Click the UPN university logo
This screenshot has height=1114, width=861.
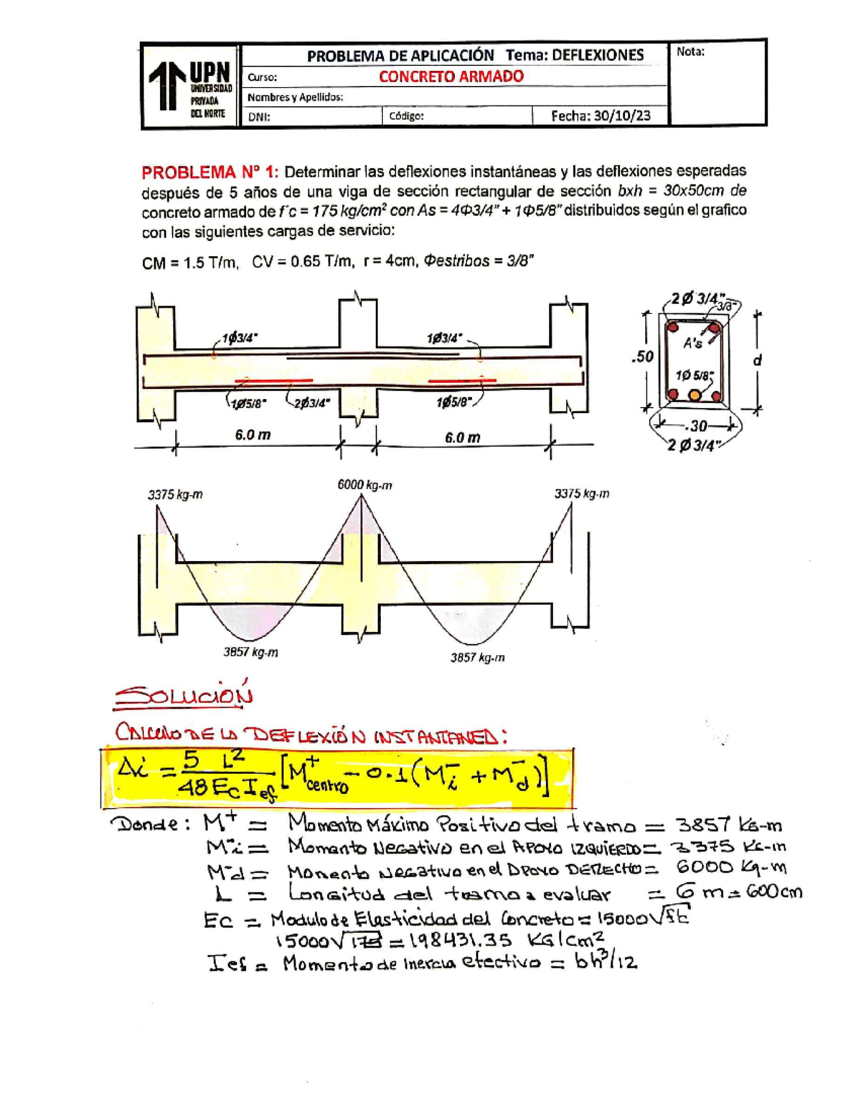191,85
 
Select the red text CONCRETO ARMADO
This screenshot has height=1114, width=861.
451,77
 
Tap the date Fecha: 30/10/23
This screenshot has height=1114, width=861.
600,116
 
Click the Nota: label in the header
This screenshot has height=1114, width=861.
690,52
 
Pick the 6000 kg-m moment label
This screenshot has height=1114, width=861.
364,486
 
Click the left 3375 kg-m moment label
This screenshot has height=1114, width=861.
175,494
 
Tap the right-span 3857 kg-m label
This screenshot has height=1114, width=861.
477,657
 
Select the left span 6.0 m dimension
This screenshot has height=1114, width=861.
253,435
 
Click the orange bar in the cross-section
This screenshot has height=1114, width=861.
695,395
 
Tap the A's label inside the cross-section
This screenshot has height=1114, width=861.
692,344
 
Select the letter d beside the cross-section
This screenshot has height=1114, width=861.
756,361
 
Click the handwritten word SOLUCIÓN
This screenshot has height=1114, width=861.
184,694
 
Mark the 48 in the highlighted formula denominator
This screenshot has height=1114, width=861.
193,788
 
